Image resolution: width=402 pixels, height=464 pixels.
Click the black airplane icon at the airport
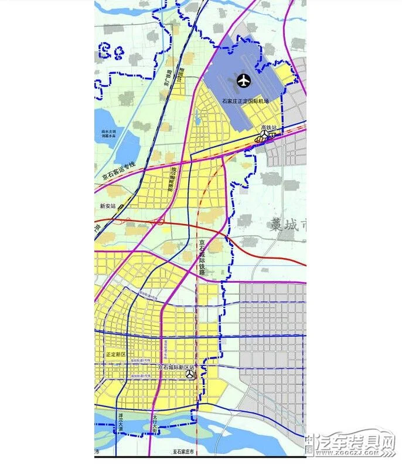243,80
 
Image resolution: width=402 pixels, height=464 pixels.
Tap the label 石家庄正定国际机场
245,101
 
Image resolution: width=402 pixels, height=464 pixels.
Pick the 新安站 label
108,206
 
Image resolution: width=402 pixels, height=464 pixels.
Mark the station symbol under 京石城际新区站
190,374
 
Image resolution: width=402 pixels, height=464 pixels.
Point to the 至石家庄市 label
186,452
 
